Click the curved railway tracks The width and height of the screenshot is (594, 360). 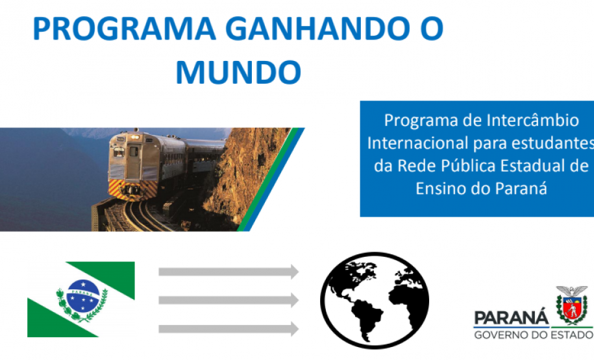(140, 214)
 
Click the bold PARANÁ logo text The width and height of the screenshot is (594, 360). (511, 318)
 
